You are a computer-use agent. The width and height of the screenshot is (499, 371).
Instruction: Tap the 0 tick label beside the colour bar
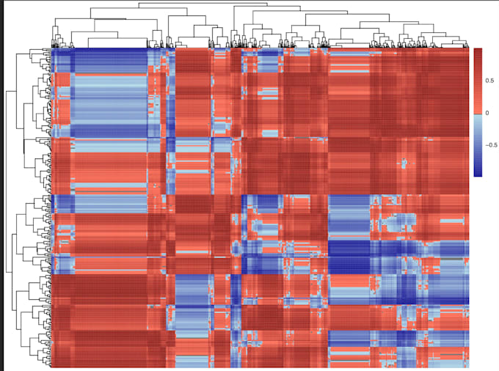tap(486, 113)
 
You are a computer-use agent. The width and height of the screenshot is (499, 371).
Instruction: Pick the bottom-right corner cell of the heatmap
tap(467, 364)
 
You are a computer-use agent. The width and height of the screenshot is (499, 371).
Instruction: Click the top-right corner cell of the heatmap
tap(467, 51)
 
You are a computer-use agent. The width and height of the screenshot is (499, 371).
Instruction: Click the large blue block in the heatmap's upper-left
tap(110, 88)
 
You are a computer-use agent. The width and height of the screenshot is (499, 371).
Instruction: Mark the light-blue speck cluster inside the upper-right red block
tap(404, 161)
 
